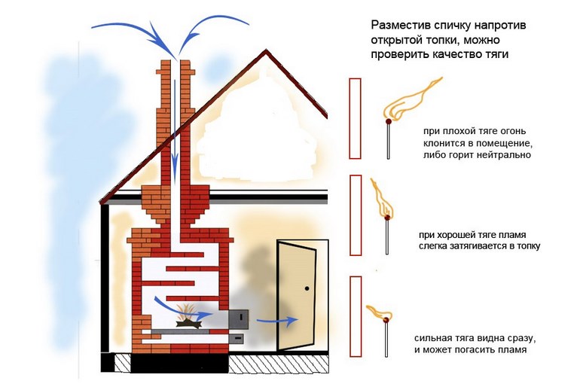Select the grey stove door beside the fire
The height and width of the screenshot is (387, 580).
click(240, 318)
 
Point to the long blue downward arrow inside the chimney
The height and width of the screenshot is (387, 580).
click(176, 120)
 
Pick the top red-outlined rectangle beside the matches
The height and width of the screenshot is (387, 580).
click(356, 117)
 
